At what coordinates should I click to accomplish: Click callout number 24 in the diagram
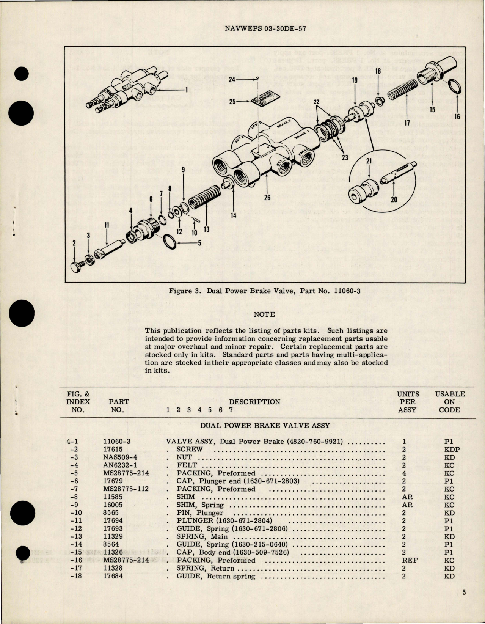coord(231,80)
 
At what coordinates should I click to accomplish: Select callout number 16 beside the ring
coord(457,116)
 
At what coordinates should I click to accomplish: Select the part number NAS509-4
coord(119,457)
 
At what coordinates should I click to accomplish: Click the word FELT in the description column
coord(187,465)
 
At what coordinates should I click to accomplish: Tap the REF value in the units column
coord(410,560)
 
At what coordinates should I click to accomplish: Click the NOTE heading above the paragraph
coord(264,314)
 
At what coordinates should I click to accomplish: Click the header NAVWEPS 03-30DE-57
coord(265,28)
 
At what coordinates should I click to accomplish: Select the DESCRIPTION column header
coord(255,402)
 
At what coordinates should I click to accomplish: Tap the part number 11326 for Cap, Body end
coord(113,552)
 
